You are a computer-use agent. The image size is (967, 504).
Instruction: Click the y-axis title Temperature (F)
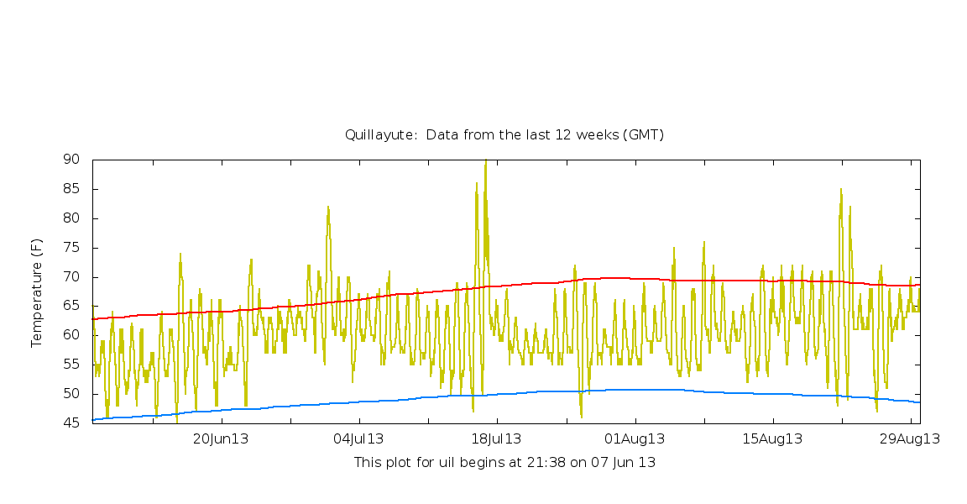pos(36,292)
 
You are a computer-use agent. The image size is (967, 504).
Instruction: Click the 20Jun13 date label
pos(222,438)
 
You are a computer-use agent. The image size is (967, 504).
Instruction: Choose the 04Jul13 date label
pos(359,438)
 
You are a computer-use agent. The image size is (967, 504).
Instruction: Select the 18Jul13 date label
pos(497,438)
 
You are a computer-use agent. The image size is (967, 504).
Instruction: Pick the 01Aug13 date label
pos(635,438)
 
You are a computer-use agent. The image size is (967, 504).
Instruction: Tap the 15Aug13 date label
pos(772,438)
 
